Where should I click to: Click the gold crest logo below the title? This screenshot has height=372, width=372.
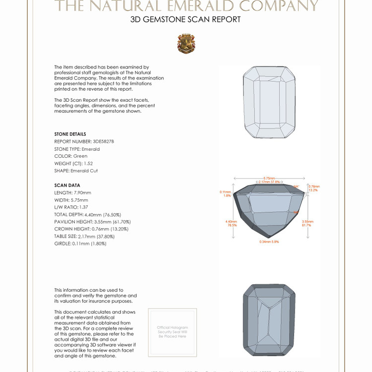tap(186, 43)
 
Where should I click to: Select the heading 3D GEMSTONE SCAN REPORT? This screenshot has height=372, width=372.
tap(186, 20)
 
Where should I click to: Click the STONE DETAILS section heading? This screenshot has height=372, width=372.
tap(70, 134)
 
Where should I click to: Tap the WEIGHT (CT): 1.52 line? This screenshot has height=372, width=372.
tap(73, 163)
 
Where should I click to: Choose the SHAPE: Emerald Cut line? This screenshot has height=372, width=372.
tap(76, 171)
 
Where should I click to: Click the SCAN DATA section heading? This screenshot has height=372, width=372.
tap(67, 185)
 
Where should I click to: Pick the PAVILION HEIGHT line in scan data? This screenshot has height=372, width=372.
tap(91, 222)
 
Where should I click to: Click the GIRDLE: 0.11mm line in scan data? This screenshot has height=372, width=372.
tap(80, 244)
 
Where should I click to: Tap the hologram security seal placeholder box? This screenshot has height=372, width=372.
tap(173, 332)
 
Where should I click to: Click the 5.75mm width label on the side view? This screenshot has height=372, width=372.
tap(269, 178)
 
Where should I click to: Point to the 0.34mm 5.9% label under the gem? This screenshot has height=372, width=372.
tap(269, 242)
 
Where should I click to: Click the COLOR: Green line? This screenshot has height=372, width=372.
tap(70, 156)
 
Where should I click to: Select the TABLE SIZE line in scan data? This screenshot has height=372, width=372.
tap(84, 236)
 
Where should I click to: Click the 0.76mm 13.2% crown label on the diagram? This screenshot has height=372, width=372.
tap(314, 188)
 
